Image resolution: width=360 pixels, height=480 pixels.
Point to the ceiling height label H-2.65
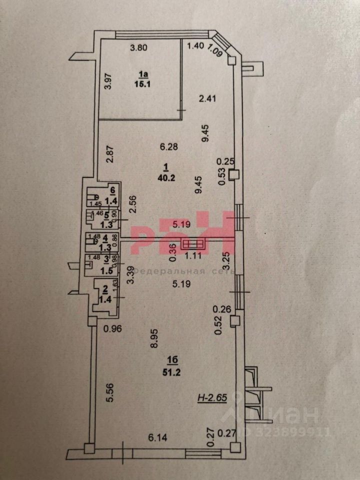[x=212, y=398]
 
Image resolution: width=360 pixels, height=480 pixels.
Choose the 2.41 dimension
[x=207, y=99]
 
